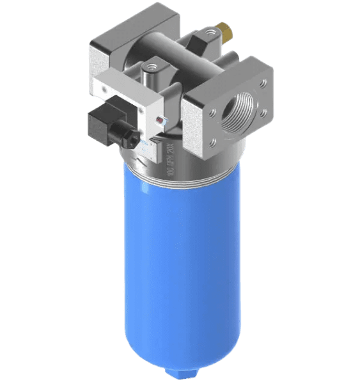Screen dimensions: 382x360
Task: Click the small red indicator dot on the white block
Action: tap(157, 120)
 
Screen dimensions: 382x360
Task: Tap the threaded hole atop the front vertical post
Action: tap(152, 65)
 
